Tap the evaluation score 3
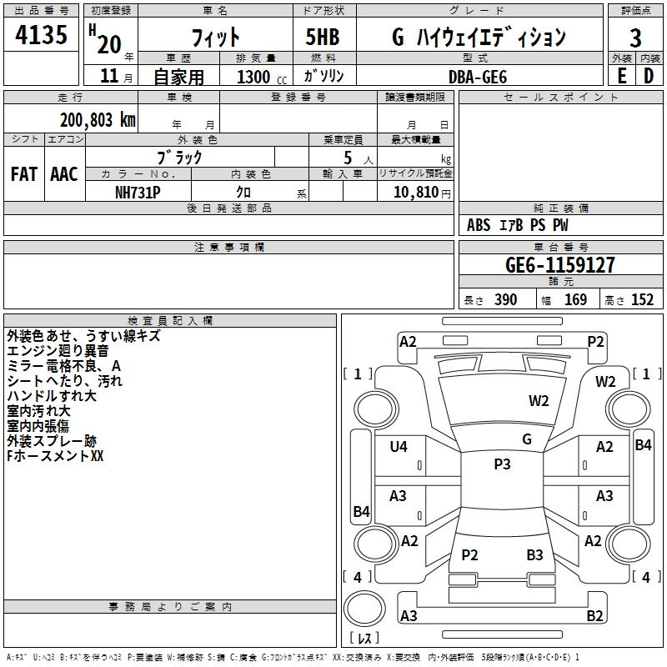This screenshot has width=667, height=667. coord(635,38)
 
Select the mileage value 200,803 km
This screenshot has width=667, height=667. coord(98,120)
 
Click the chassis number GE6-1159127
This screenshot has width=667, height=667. coord(560,265)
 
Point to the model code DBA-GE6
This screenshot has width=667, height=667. coord(478,76)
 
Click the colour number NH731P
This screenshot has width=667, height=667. coord(138,192)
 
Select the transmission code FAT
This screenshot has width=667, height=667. coord(23,174)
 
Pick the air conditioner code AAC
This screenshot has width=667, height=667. coord(63,174)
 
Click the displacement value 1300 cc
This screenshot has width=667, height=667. coord(258,77)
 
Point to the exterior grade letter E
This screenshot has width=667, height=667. coord(621,76)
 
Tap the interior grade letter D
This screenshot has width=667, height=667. coord(649,76)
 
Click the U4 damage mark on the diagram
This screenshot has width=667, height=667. coord(399,447)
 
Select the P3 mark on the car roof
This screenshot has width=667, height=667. coord(502,464)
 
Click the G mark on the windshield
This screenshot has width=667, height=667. coord(527,439)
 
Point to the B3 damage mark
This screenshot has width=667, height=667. coord(534,554)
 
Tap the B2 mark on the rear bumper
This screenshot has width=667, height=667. coord(594,616)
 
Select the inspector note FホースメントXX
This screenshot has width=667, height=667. coord(54,457)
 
